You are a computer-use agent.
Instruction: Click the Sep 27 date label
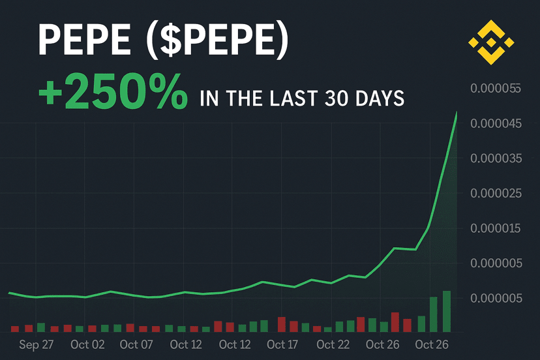[37, 344]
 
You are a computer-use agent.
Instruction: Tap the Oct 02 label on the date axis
[87, 344]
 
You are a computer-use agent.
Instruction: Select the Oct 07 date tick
[136, 344]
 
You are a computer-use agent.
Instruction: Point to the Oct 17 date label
[283, 344]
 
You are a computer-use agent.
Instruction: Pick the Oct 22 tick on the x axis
[333, 344]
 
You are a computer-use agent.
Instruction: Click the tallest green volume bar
[447, 311]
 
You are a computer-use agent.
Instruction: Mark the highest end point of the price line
[457, 112]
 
